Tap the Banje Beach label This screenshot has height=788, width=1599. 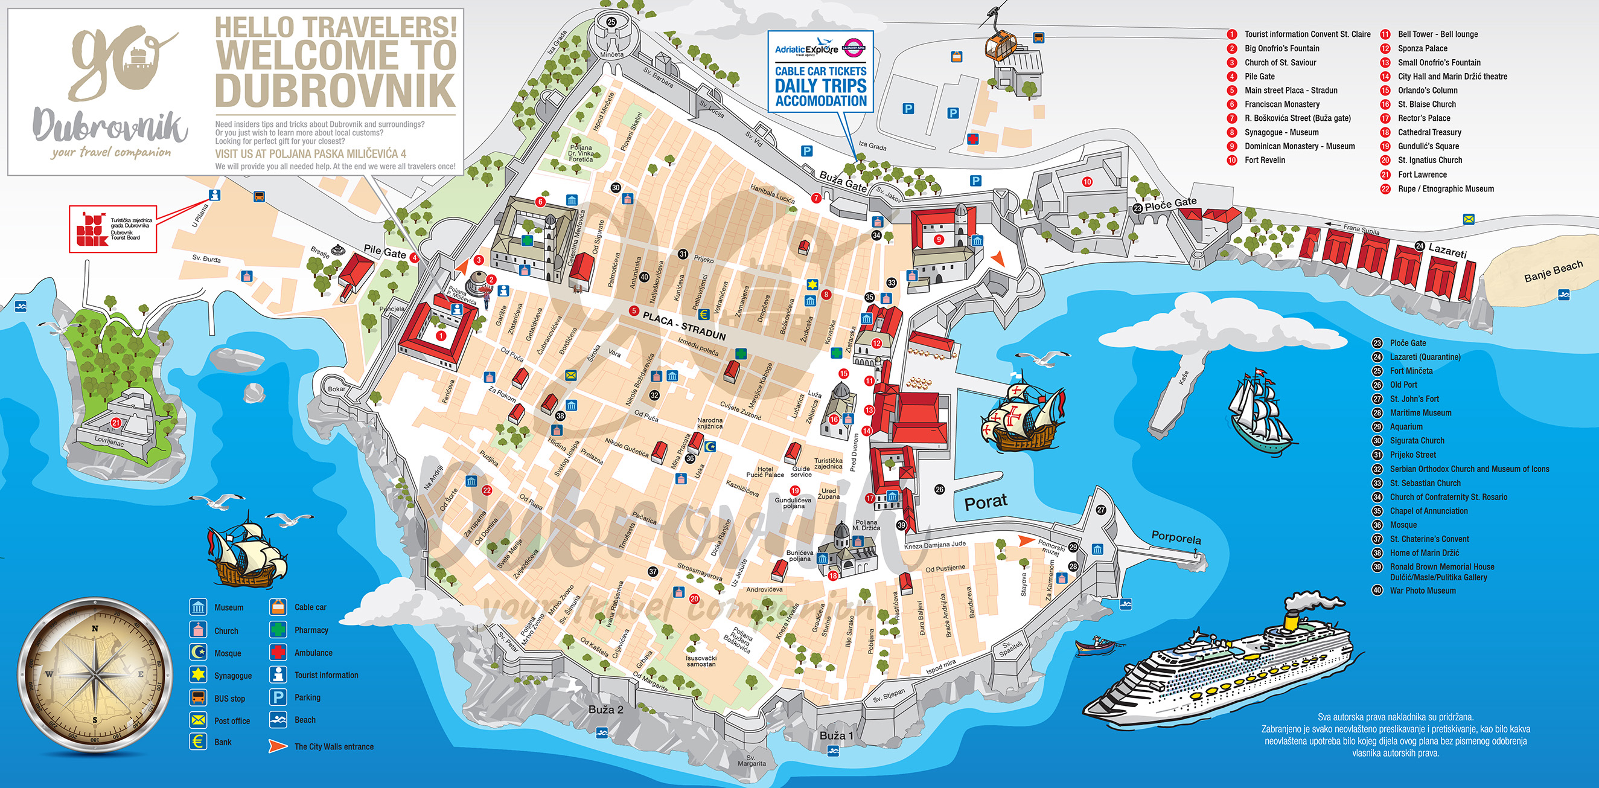click(1553, 271)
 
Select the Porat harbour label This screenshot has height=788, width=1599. click(986, 502)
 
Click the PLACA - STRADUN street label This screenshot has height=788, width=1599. click(684, 325)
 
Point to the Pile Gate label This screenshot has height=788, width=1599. click(385, 251)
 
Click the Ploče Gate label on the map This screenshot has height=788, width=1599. click(1170, 203)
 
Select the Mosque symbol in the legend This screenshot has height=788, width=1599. click(198, 652)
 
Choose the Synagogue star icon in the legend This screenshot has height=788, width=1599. click(198, 674)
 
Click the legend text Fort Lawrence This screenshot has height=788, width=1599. click(1422, 175)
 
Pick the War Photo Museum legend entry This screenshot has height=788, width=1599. click(1422, 591)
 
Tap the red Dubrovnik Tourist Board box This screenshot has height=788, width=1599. click(113, 228)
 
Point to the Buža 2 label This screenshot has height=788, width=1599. click(605, 709)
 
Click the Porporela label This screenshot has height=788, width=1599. click(1176, 537)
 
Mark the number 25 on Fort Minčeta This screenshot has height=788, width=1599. click(611, 22)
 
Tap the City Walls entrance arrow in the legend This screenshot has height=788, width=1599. click(278, 746)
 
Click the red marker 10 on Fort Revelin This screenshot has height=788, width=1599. click(1087, 182)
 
